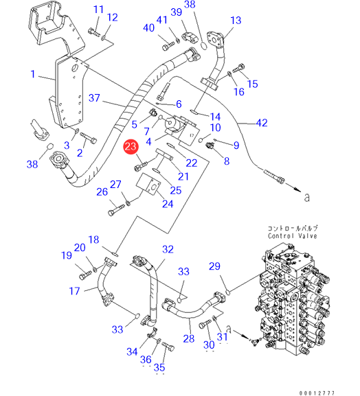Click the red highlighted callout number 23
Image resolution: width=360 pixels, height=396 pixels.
click(x=131, y=146)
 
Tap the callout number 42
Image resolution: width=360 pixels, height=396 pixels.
click(x=262, y=123)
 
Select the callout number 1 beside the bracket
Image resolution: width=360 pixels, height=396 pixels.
click(x=32, y=74)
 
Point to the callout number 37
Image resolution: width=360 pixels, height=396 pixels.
click(x=94, y=98)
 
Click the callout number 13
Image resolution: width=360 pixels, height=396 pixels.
click(x=236, y=21)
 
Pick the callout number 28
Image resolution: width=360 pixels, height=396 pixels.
click(x=189, y=338)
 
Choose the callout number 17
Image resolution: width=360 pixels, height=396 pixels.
click(x=75, y=291)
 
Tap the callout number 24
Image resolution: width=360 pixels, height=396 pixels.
click(x=168, y=204)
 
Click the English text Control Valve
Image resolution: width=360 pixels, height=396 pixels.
click(x=293, y=236)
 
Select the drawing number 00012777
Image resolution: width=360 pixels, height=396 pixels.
click(x=317, y=393)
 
